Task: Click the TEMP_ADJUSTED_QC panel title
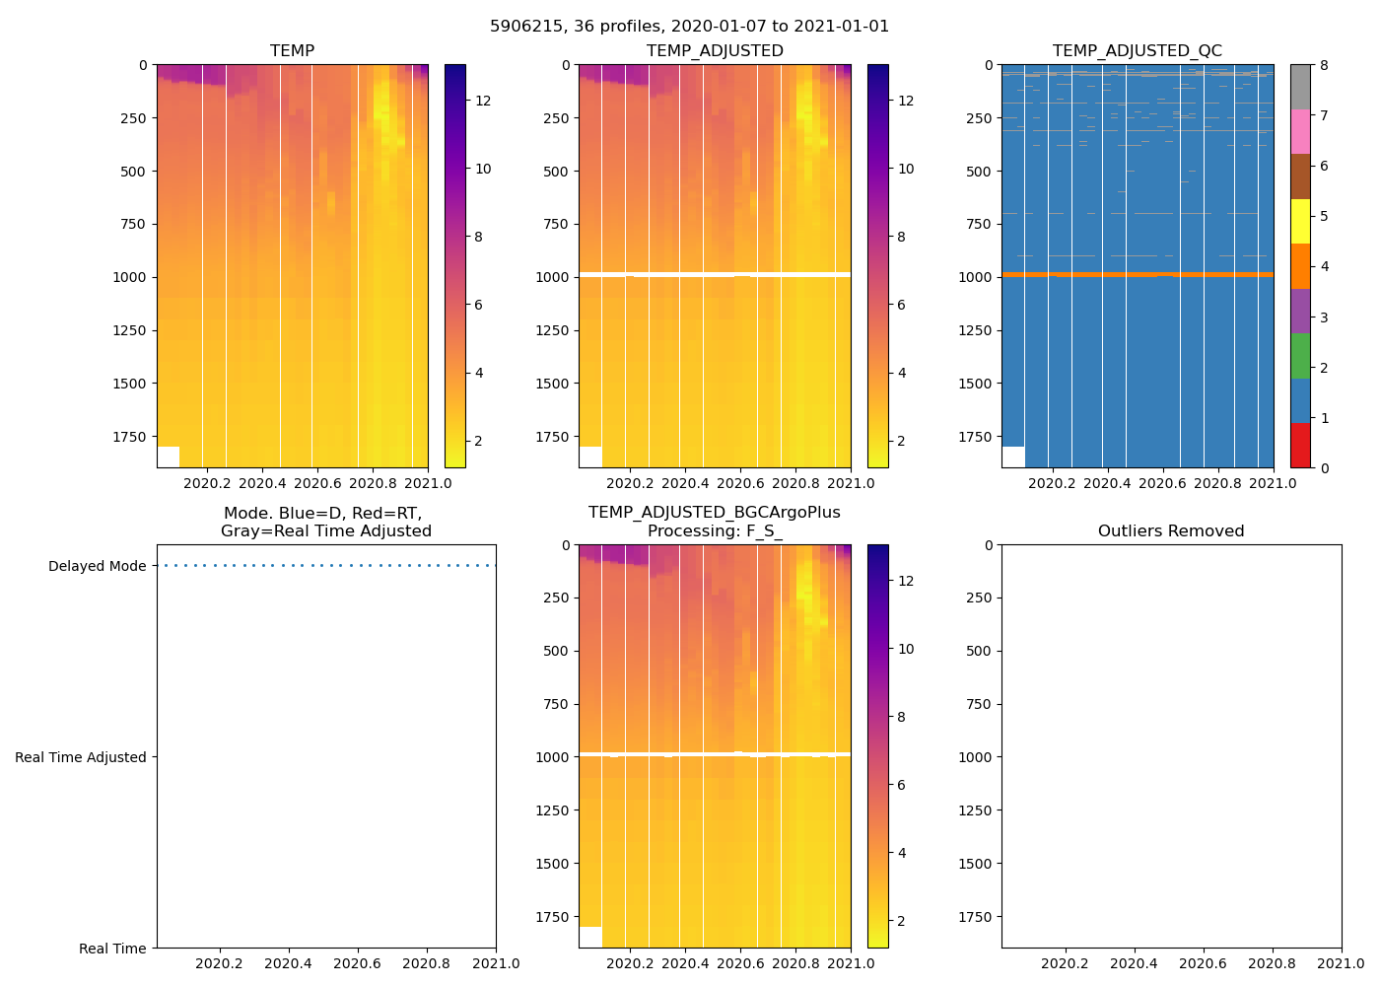1137,51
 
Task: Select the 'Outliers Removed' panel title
1171,531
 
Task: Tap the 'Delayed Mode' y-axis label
97,566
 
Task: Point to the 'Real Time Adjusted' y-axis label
80,757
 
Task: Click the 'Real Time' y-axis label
112,949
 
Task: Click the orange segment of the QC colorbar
1300,266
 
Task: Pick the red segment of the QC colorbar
1300,446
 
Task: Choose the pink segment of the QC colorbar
1300,131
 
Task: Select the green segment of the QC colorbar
1300,356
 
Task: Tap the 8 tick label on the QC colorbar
1324,66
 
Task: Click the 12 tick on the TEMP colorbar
483,101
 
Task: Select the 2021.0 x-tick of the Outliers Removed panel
1342,963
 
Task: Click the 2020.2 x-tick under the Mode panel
219,963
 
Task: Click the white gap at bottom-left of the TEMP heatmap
168,457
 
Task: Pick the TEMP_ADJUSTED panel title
715,51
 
